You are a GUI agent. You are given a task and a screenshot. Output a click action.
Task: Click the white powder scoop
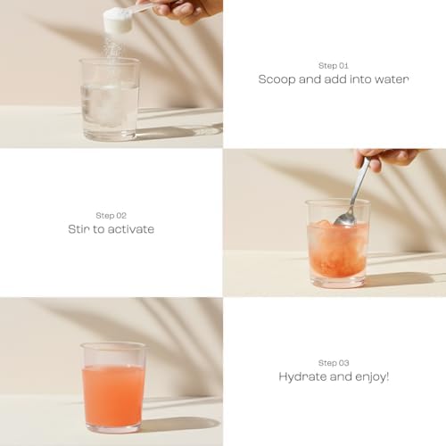click(x=118, y=20)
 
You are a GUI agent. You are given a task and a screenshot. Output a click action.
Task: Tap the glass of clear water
click(x=109, y=99)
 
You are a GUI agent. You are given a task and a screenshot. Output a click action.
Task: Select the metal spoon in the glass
click(x=353, y=194)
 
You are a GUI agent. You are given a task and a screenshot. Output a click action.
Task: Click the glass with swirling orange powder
click(x=338, y=244)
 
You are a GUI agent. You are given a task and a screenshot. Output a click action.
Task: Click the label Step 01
click(x=334, y=65)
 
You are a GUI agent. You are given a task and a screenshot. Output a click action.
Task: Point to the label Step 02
click(x=111, y=216)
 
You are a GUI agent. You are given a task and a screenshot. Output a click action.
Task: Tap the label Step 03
click(x=334, y=363)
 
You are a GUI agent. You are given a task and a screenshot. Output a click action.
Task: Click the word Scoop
click(x=277, y=79)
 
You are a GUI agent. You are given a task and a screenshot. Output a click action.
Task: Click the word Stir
click(x=78, y=229)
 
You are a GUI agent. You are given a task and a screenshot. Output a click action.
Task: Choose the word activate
click(x=131, y=229)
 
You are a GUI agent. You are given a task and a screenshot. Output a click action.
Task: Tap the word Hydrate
click(x=302, y=377)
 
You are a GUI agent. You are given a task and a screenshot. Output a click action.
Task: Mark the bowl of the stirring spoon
click(x=345, y=219)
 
